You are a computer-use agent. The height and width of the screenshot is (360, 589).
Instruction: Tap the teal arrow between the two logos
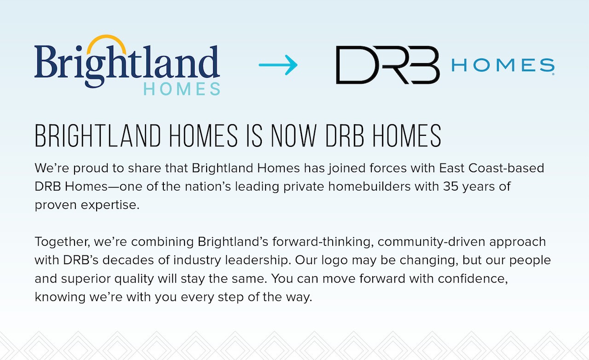click(278, 65)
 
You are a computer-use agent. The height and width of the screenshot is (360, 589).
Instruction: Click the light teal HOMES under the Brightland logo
click(182, 89)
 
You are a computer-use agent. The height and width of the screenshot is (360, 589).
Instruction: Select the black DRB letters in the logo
click(387, 65)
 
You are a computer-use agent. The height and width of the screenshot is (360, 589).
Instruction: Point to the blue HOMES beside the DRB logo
click(502, 66)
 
